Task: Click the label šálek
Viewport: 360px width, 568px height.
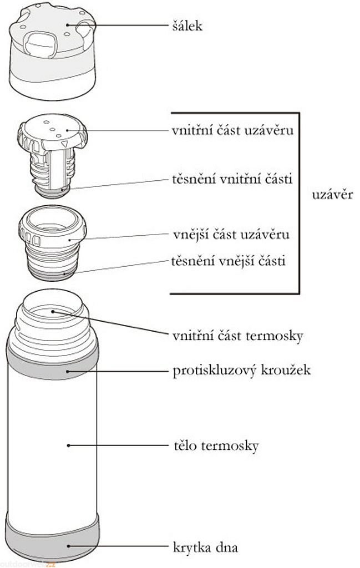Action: (187, 26)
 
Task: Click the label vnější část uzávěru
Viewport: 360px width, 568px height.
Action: (231, 234)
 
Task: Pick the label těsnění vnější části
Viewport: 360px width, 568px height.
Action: (229, 260)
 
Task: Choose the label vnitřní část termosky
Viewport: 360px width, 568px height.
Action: (237, 336)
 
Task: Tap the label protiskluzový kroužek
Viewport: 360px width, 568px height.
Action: (241, 370)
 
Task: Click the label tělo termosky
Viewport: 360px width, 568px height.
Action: (215, 445)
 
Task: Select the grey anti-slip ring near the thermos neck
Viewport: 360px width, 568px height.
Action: (52, 363)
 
